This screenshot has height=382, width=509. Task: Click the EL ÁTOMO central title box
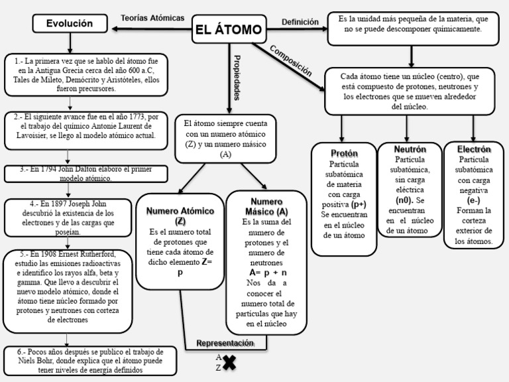point(228,30)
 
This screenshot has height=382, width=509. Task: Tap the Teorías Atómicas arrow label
point(152,18)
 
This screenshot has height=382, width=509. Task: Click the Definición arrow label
point(300,22)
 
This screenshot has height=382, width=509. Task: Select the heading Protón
point(343,153)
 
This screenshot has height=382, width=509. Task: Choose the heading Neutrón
point(410,149)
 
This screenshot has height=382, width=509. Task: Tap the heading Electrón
point(473,149)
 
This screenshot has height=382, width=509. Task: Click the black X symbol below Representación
point(229,362)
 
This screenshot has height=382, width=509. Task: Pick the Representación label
point(225,343)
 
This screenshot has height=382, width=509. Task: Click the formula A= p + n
point(268,273)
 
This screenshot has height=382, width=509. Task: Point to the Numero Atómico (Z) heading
point(180,215)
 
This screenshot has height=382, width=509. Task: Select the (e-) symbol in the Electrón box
point(473,200)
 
